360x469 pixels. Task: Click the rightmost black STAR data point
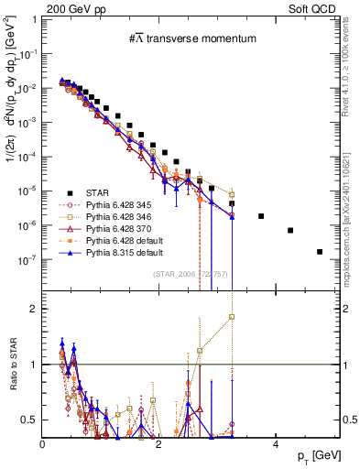pos(320,251)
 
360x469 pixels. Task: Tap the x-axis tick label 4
pos(276,446)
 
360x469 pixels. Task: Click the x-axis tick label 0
pos(43,446)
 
